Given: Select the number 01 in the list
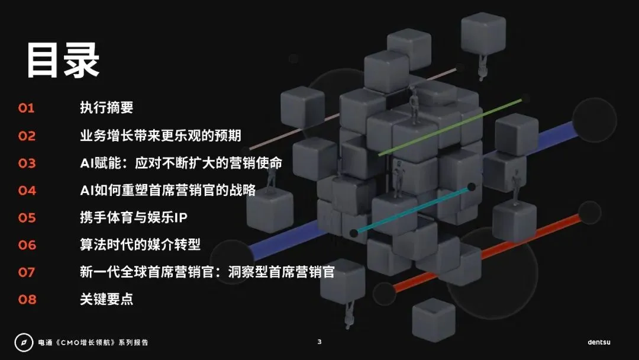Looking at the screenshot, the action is [27, 108].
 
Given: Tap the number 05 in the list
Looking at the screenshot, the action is [27, 217].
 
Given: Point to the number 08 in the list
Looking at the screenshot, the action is [27, 299].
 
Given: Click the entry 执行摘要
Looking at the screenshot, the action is [106, 108].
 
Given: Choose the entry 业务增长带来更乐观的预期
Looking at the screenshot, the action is [160, 136].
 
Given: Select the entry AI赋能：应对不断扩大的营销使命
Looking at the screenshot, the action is [181, 163].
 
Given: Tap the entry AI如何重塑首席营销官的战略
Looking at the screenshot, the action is [167, 190].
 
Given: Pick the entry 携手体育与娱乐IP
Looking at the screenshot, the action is [134, 217].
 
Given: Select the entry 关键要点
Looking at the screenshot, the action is [106, 299].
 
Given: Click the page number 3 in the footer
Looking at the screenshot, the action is [319, 342].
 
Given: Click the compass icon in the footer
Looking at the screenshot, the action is [24, 342].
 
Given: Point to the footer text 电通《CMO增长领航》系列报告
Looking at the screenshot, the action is [93, 342].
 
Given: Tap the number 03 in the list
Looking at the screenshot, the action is [27, 163].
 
